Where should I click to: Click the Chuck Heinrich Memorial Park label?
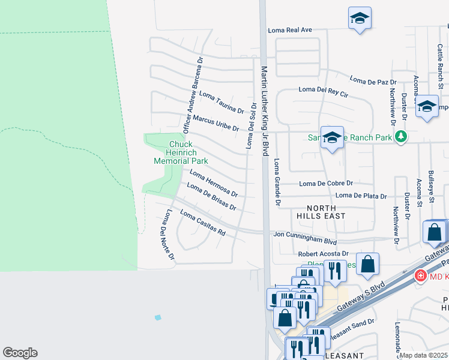(181, 152)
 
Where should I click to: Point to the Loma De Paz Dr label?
(373, 80)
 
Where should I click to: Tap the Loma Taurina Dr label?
(221, 102)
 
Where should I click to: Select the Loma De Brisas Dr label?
(211, 197)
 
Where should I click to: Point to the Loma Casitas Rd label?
(203, 223)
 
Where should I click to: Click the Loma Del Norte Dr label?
(167, 235)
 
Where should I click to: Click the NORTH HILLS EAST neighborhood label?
(322, 211)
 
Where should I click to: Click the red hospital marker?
(421, 275)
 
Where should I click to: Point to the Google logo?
(20, 353)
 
